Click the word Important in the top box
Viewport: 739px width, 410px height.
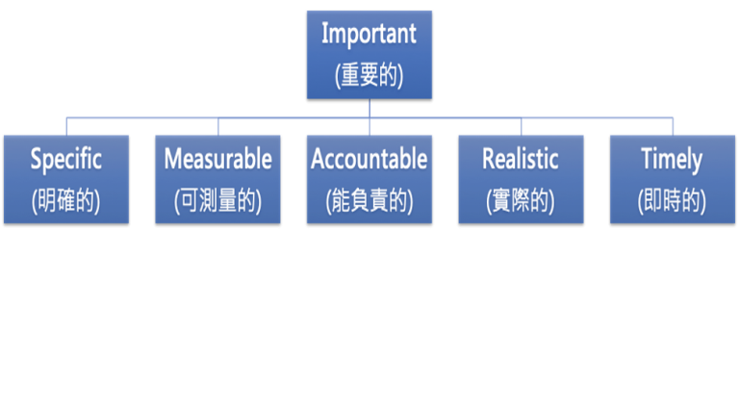click(369, 35)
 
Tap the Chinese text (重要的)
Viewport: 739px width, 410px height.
click(369, 75)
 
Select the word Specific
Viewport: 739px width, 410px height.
click(66, 160)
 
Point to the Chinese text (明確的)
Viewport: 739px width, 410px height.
click(66, 201)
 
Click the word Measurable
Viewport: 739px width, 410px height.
click(217, 159)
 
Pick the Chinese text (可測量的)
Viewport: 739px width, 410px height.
click(217, 201)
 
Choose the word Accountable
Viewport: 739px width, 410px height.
click(369, 159)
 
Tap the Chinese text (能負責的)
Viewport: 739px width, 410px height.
click(369, 201)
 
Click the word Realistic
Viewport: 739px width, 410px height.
click(521, 159)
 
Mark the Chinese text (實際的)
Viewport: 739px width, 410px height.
click(521, 201)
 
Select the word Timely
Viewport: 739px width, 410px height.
click(672, 160)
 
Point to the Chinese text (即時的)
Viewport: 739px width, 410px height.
click(672, 201)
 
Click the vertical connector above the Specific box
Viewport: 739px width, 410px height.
click(66, 126)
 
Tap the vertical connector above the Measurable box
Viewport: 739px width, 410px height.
click(218, 126)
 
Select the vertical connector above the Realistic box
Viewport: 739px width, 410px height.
click(522, 126)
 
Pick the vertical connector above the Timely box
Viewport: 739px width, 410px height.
click(673, 126)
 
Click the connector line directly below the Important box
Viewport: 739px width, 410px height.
click(369, 109)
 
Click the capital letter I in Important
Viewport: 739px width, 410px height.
click(324, 34)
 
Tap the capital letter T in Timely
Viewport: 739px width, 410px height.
click(648, 159)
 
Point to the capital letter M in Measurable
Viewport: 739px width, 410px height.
click(174, 159)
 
